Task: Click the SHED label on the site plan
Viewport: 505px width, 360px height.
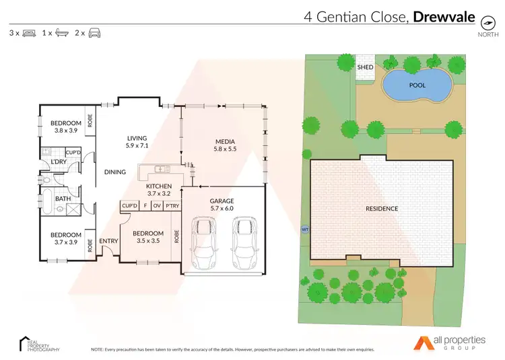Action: tap(365, 67)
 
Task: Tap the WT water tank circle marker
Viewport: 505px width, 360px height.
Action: tap(304, 228)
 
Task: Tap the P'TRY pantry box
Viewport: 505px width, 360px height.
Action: tap(172, 205)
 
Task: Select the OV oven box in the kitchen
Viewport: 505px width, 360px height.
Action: tap(157, 205)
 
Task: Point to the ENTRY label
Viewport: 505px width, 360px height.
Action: tap(108, 241)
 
